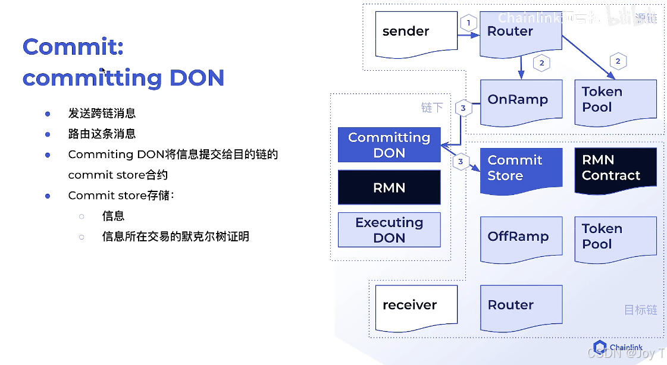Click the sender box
pos(415,33)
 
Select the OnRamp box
pos(521,101)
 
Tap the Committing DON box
pos(389,144)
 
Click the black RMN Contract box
pos(615,169)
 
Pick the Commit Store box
pos(521,169)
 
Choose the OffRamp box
pos(521,238)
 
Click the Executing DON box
pos(389,229)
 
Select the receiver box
pos(415,306)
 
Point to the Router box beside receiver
pos(521,306)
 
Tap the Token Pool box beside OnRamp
pos(615,101)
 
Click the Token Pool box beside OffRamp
pos(615,238)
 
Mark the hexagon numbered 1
pos(468,23)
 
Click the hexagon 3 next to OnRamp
pos(463,109)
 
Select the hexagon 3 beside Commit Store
pos(460,161)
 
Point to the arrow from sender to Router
pos(469,36)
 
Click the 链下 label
pos(432,108)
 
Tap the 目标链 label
pos(640,310)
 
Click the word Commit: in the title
pos(73,47)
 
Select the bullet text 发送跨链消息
pos(102,113)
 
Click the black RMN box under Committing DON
pos(389,187)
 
